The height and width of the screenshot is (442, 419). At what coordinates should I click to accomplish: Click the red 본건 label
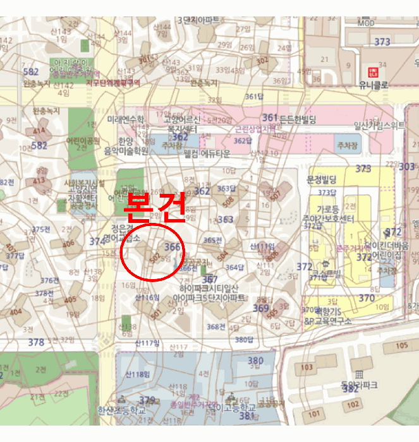[155, 206]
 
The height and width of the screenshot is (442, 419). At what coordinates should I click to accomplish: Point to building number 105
[401, 345]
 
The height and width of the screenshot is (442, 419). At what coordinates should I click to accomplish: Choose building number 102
[353, 405]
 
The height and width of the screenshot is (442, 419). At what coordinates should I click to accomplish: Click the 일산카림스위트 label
[379, 125]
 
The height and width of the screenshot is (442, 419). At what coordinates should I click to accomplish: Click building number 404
[15, 312]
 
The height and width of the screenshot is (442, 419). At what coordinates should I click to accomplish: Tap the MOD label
[366, 23]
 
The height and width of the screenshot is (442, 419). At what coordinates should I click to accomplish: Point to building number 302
[262, 61]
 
